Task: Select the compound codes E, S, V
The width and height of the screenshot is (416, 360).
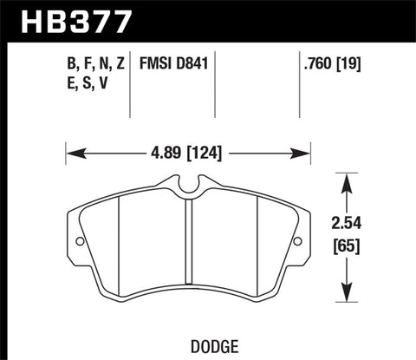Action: click(x=83, y=83)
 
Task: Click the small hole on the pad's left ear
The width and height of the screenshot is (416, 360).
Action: click(x=78, y=242)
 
